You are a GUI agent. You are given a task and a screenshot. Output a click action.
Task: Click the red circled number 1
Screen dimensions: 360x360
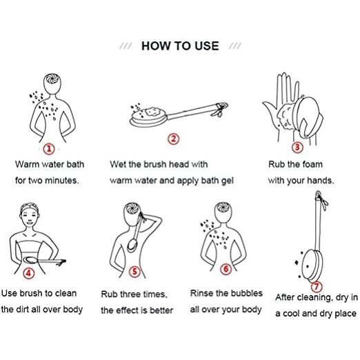tap(49, 149)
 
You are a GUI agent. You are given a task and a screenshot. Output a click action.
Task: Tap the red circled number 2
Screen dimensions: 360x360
tap(173, 139)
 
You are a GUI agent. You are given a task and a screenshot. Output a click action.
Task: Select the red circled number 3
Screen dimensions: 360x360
tap(297, 147)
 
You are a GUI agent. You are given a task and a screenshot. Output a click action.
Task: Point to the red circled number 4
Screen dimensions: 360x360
tap(29, 273)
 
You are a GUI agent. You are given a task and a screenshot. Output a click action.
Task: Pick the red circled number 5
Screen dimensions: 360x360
tap(134, 272)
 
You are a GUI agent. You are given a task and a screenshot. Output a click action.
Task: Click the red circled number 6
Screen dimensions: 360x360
tap(226, 269)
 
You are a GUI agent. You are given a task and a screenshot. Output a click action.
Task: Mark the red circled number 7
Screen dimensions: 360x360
tap(317, 286)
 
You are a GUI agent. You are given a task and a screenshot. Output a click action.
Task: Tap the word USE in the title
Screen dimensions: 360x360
tap(207, 46)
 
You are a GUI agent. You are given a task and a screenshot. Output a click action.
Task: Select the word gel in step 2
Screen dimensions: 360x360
tap(228, 181)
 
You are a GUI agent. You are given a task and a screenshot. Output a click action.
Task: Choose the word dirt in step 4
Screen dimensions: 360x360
tap(22, 309)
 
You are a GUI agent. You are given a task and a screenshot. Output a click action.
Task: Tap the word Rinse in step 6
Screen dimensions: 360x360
tap(201, 293)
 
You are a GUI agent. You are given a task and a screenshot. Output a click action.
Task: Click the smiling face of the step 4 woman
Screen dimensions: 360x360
tap(30, 218)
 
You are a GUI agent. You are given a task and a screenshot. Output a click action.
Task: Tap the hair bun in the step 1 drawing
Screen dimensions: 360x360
tap(52, 79)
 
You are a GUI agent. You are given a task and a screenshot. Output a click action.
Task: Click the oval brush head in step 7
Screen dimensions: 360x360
tap(311, 266)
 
